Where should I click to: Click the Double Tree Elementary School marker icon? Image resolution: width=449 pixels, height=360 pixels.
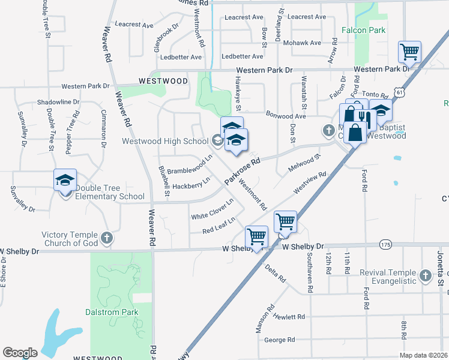[65, 179]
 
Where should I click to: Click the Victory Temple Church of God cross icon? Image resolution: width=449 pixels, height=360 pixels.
[107, 238]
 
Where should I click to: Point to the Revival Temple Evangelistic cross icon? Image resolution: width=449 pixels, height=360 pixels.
[426, 276]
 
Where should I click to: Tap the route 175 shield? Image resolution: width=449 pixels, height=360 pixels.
[385, 244]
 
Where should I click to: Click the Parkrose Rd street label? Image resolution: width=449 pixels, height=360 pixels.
[243, 171]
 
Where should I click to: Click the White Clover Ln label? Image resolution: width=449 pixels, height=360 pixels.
[212, 209]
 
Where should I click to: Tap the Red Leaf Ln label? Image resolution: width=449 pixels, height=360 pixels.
[217, 227]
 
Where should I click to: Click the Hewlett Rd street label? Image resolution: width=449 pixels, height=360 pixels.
[289, 317]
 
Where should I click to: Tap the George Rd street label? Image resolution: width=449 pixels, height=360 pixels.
[280, 340]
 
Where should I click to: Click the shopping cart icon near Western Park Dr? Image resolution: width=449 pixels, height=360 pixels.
[409, 52]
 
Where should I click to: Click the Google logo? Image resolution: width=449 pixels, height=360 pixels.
[20, 353]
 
